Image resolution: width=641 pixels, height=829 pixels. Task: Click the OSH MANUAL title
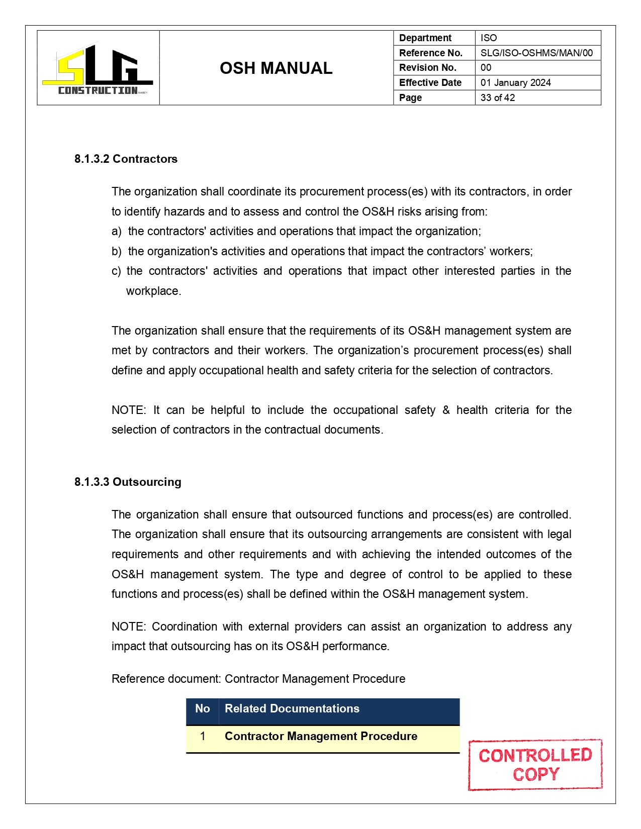tap(276, 68)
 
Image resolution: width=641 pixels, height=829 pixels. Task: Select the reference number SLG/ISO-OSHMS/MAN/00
tap(536, 53)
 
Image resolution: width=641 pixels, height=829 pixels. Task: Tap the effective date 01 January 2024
tap(515, 83)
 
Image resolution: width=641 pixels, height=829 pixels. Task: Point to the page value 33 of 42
tap(497, 97)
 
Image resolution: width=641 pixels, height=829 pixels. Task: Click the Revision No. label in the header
tap(427, 68)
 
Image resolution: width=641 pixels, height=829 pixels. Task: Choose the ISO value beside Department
tap(488, 38)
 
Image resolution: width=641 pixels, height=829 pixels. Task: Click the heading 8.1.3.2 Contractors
tap(126, 159)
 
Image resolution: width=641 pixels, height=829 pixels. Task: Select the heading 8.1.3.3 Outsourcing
tap(128, 482)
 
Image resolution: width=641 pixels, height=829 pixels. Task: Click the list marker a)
tap(116, 232)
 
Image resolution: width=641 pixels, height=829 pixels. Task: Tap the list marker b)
tap(116, 251)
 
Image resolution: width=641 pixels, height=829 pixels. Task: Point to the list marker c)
tap(116, 271)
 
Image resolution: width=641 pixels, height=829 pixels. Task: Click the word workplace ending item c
tap(153, 291)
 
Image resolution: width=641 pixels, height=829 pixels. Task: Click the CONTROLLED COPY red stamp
tap(535, 765)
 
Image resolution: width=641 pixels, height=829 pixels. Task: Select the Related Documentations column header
tap(292, 709)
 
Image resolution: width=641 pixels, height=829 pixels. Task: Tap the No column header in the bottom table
tap(202, 709)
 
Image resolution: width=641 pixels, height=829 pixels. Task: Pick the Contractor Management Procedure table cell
tap(321, 737)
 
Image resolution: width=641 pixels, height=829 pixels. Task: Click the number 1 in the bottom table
tap(202, 737)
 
